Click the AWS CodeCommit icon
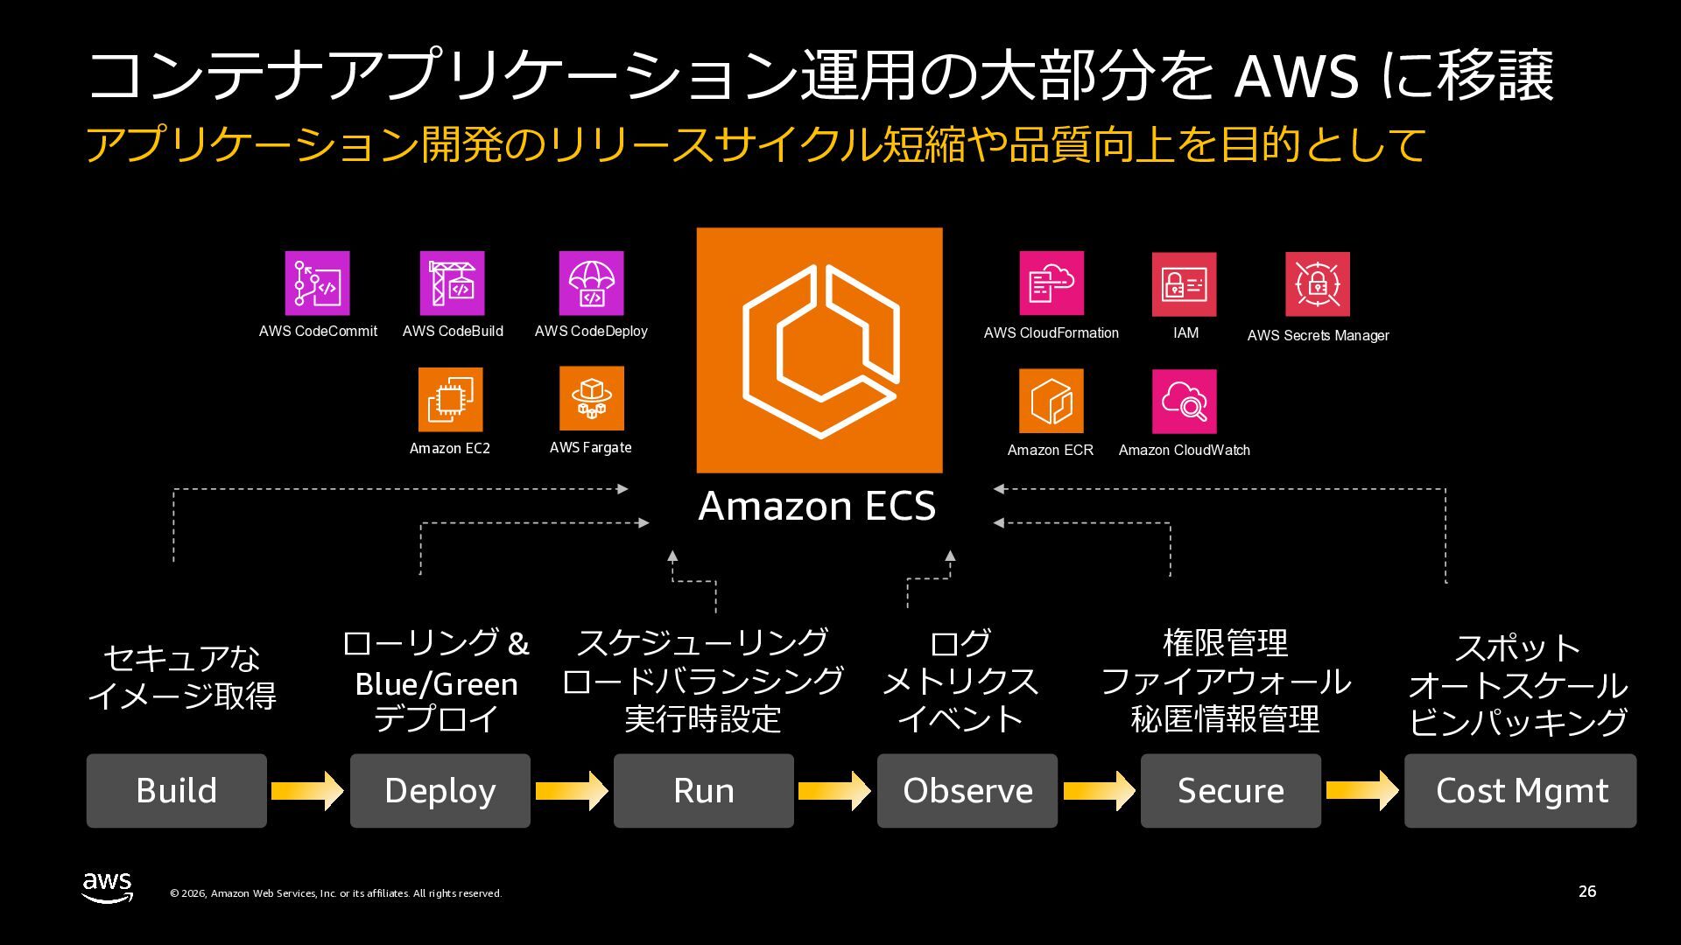[317, 283]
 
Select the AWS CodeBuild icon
[452, 283]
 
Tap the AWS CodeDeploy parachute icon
[591, 283]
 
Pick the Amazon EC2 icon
[450, 400]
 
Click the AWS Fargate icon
[591, 399]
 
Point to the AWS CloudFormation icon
[1051, 283]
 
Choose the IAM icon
[1184, 284]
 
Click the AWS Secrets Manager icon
[1317, 284]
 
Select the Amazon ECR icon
[1051, 401]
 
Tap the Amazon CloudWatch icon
[1184, 402]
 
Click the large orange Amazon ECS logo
[819, 350]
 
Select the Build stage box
[176, 790]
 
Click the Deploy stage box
[440, 790]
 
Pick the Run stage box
[703, 790]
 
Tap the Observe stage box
[967, 790]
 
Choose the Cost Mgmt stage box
[1520, 790]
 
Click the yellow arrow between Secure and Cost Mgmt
[1362, 790]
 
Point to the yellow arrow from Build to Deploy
[307, 790]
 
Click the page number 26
[1586, 892]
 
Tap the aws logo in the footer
[108, 887]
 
